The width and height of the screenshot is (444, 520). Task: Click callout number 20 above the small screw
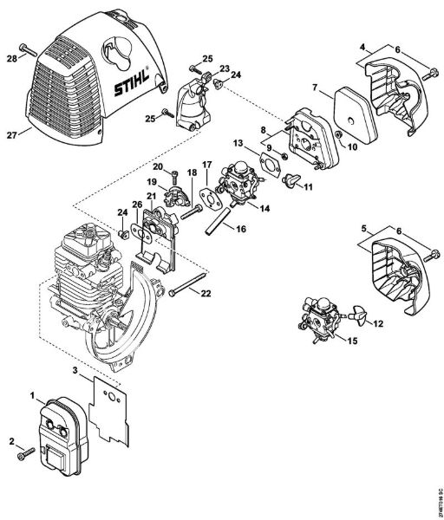159,166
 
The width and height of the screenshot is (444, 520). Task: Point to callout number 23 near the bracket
224,68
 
